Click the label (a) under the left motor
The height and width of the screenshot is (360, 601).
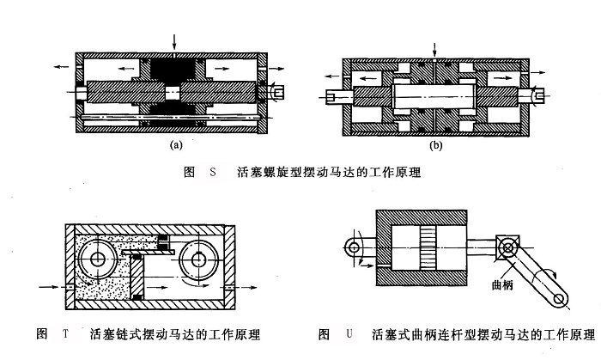pos(176,145)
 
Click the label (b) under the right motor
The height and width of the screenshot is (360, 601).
pos(435,145)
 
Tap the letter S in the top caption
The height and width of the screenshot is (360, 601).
pos(213,172)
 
